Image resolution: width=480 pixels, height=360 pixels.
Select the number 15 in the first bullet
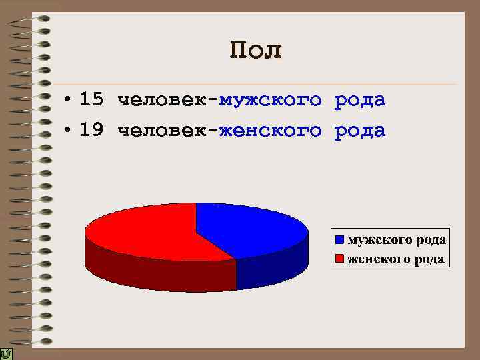91,100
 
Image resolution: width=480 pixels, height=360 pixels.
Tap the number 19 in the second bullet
91,130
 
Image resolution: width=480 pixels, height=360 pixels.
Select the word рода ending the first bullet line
360,101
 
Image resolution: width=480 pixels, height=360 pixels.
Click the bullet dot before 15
69,101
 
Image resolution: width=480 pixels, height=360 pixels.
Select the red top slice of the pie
147,230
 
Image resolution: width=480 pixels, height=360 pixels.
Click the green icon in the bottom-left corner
6,354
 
